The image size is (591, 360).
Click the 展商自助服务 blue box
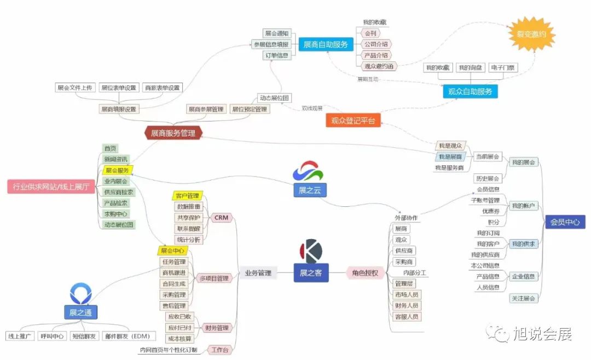coord(326,44)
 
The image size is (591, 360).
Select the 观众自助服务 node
coord(470,91)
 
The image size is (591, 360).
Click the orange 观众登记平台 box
coord(354,120)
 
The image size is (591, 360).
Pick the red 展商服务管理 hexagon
coord(173,133)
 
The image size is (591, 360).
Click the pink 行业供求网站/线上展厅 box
coord(51,187)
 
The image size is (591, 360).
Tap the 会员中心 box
coord(565,222)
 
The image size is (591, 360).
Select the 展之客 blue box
coord(311,273)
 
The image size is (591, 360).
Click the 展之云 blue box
coord(310,190)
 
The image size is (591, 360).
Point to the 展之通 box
coord(80,313)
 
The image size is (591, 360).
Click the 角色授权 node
coord(366,273)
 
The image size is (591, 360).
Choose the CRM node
coord(221,218)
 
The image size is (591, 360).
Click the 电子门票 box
coord(503,68)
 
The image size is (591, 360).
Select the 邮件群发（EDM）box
coord(128,336)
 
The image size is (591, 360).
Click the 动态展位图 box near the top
coord(274,98)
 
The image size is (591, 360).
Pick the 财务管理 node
coord(216,328)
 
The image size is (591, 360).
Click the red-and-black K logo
coord(311,251)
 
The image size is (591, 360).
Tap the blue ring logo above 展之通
coord(80,293)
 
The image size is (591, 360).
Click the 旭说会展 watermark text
coord(541,334)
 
